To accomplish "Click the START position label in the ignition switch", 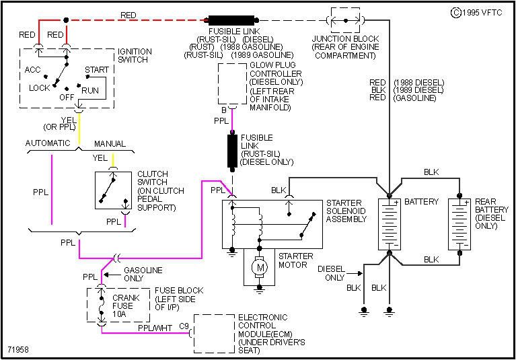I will [97, 70].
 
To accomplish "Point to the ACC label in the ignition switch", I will [32, 70].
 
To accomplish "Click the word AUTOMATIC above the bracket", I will [48, 143].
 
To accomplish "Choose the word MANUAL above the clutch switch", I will [110, 143].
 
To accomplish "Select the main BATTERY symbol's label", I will [422, 202].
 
